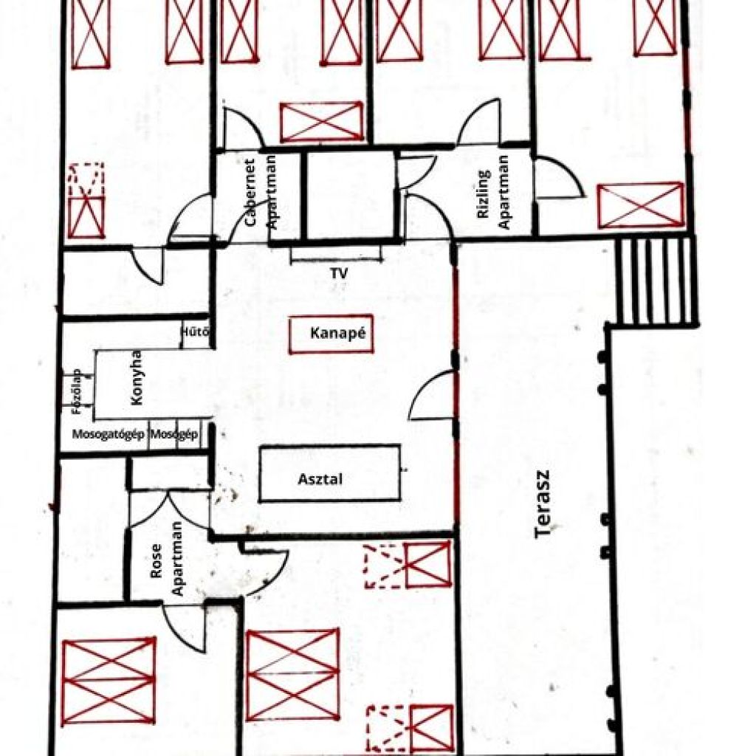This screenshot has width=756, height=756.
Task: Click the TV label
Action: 339,273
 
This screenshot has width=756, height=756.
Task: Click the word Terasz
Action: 543,504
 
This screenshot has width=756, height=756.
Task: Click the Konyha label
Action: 137,377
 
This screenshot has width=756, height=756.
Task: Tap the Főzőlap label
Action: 76,392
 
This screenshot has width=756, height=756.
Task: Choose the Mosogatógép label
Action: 109,434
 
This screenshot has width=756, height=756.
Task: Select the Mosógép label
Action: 174,434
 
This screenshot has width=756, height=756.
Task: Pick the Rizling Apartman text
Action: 493,193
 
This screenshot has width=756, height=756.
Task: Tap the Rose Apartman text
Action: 166,559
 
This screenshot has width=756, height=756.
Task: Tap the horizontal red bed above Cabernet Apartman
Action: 321,122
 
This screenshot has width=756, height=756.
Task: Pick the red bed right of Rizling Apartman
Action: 640,205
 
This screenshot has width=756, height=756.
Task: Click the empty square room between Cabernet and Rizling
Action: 351,195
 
